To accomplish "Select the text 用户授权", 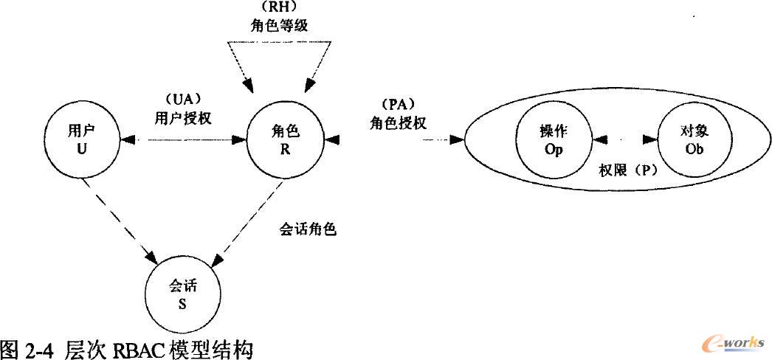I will [182, 117].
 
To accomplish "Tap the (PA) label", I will [398, 105].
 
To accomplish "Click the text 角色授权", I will [398, 122].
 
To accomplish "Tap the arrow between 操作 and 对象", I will [624, 138].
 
